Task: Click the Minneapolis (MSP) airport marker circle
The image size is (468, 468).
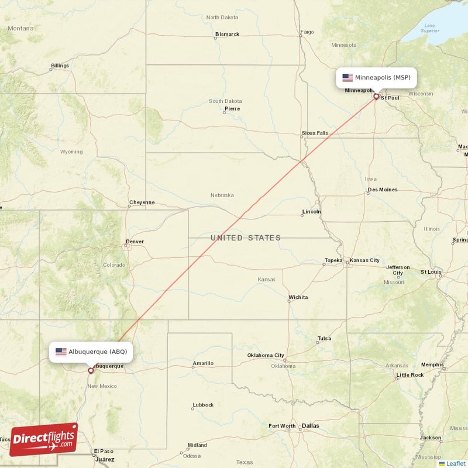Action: click(x=376, y=96)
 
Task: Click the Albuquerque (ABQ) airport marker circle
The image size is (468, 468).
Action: click(x=90, y=370)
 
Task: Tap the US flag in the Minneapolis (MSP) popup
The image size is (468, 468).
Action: click(x=347, y=77)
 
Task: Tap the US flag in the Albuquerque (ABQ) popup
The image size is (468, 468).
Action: click(x=61, y=352)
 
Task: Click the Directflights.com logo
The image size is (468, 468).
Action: click(x=43, y=439)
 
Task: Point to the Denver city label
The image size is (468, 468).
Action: click(x=135, y=242)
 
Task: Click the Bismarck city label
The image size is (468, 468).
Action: click(x=227, y=35)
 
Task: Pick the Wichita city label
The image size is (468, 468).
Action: click(x=298, y=297)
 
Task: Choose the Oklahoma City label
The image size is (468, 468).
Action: click(x=266, y=355)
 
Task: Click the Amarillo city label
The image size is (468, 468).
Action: click(x=203, y=363)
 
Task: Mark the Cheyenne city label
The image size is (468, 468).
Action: click(x=142, y=202)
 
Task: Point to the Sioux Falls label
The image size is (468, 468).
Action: click(x=315, y=133)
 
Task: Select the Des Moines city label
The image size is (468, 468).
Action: click(x=383, y=190)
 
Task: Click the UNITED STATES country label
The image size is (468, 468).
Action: click(x=246, y=238)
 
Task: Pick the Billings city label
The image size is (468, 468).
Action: click(x=60, y=66)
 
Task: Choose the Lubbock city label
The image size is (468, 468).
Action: click(x=203, y=405)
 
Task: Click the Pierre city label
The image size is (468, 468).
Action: click(x=232, y=108)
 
